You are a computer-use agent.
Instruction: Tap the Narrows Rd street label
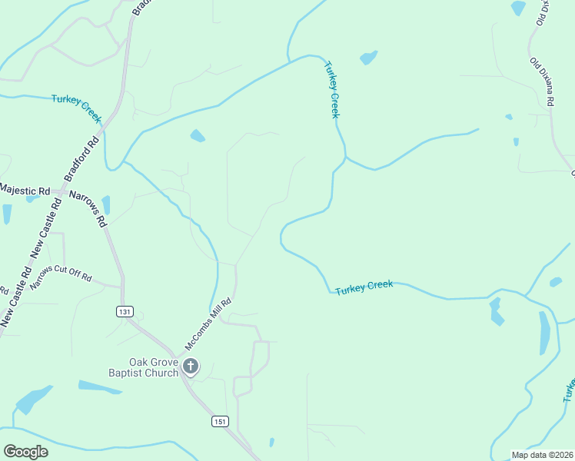(x=87, y=208)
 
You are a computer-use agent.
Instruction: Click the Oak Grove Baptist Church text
(x=154, y=368)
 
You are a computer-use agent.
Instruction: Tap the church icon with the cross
(x=191, y=367)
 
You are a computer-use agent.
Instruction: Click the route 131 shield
(x=125, y=311)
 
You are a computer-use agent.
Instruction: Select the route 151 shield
(x=221, y=422)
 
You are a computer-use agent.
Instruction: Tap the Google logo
(x=25, y=451)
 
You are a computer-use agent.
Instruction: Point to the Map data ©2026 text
(x=543, y=455)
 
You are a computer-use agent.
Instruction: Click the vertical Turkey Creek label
(x=331, y=90)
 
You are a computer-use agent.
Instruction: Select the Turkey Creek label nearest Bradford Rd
(x=76, y=108)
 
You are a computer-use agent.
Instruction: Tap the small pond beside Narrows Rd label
(x=106, y=204)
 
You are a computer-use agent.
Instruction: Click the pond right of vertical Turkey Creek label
(x=369, y=58)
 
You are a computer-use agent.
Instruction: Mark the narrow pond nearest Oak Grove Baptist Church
(x=100, y=387)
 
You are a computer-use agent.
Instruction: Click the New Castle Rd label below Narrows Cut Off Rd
(x=17, y=296)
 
